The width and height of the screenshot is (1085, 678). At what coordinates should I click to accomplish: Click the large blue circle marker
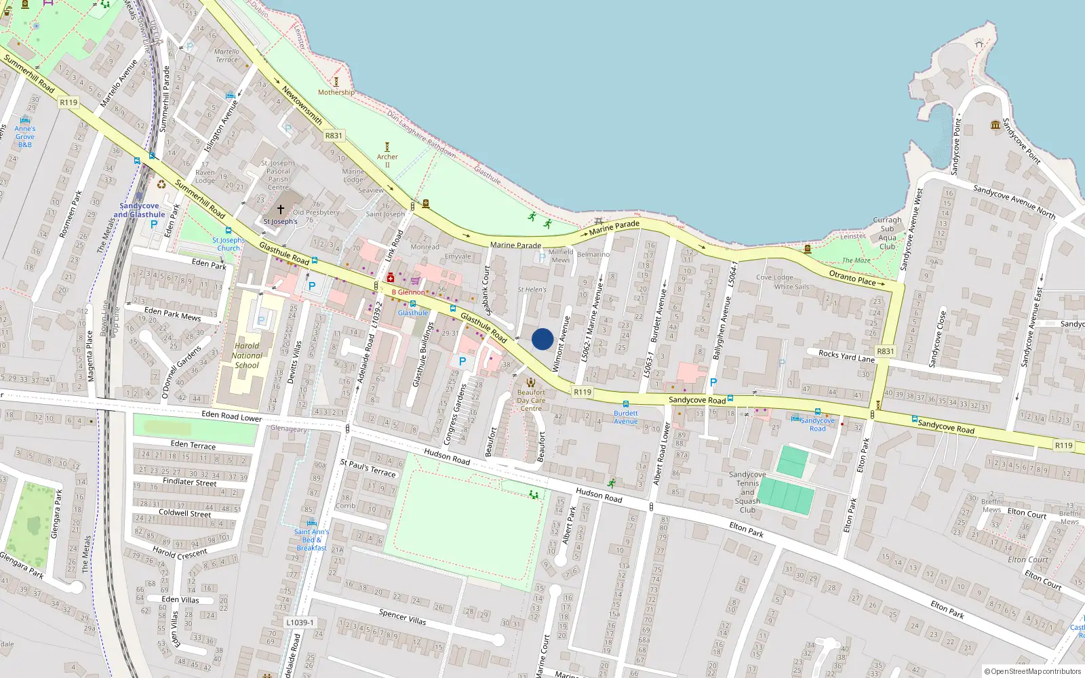542,339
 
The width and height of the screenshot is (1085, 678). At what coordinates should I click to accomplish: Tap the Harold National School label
247,355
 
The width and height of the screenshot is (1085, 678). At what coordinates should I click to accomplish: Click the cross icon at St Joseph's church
280,210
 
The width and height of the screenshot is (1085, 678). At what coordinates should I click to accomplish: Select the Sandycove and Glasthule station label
139,210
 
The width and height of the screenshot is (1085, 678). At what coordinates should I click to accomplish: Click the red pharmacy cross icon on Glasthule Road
391,278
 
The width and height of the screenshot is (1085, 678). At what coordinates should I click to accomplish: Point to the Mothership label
336,92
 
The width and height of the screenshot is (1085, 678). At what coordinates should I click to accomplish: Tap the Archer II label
387,161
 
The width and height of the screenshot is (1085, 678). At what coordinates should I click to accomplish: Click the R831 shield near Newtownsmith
334,136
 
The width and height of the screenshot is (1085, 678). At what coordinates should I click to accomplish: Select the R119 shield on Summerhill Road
68,102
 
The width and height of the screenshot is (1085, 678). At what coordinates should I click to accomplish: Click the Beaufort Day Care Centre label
531,400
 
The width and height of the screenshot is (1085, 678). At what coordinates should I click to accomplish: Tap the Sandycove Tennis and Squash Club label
747,492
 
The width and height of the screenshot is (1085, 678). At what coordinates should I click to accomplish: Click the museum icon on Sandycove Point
995,125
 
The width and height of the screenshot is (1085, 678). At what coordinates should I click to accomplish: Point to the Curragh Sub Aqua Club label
887,233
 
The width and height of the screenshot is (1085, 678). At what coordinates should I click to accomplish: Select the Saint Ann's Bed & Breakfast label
311,540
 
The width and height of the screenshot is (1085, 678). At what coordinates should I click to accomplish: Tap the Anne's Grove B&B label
25,136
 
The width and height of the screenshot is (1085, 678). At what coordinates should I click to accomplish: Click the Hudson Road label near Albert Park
599,495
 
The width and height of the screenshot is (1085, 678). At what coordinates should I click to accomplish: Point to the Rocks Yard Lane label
846,355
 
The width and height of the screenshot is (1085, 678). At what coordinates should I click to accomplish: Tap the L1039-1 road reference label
300,622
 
